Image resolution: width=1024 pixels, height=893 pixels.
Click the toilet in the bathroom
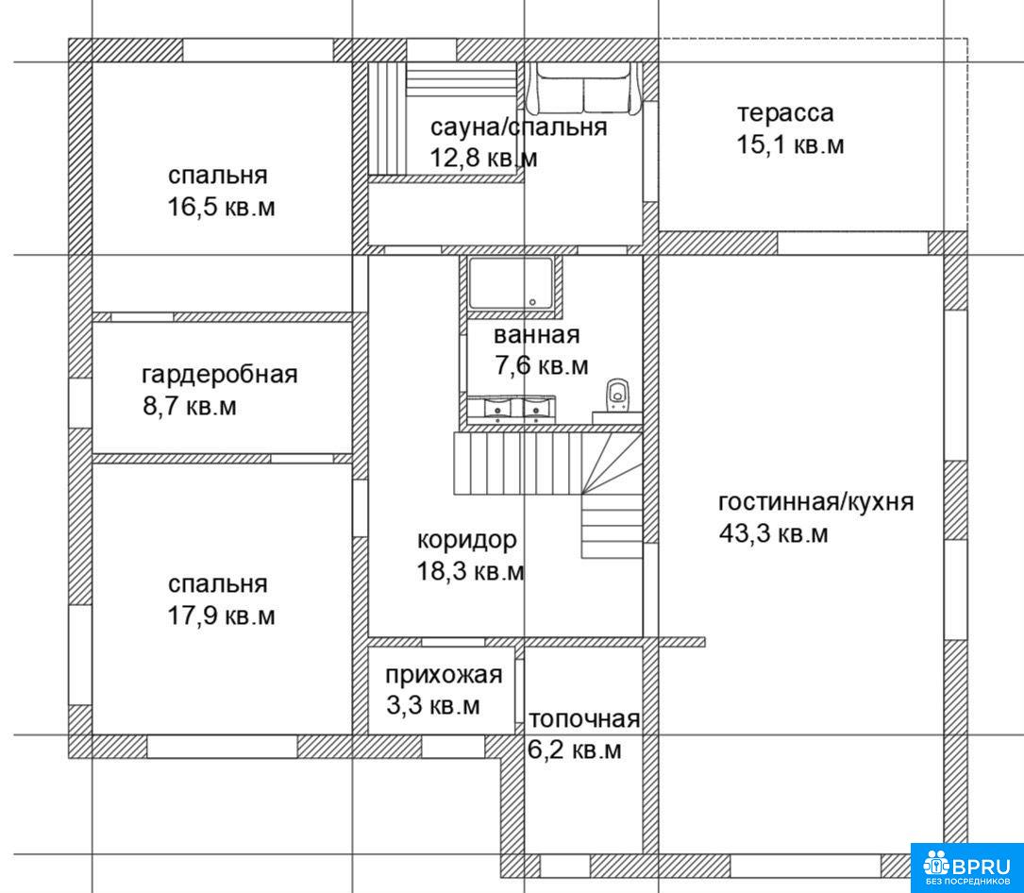616,396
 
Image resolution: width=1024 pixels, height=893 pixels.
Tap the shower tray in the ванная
511,283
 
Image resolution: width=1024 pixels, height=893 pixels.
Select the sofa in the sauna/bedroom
584,89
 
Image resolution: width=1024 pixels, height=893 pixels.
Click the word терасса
785,113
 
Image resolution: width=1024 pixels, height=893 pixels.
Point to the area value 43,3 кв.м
773,533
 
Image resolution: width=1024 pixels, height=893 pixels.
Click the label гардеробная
219,375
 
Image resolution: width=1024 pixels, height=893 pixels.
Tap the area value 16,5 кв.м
222,208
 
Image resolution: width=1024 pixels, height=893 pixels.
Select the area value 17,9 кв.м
222,615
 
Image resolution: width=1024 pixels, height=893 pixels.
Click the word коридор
467,540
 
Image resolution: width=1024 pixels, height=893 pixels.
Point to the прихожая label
445,674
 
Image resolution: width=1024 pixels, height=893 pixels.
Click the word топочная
584,719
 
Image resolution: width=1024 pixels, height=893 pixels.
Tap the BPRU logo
967,868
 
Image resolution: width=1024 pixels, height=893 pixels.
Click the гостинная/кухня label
815,502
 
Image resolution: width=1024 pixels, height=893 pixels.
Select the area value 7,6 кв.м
542,366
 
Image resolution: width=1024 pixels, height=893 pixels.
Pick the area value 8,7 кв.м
190,407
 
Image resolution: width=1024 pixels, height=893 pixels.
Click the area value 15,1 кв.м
790,144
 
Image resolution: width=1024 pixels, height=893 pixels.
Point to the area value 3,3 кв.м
433,705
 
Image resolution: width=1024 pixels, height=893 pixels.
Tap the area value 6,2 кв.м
575,750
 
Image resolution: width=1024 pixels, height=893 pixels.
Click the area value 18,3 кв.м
471,572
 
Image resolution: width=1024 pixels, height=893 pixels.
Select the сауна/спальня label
518,127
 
